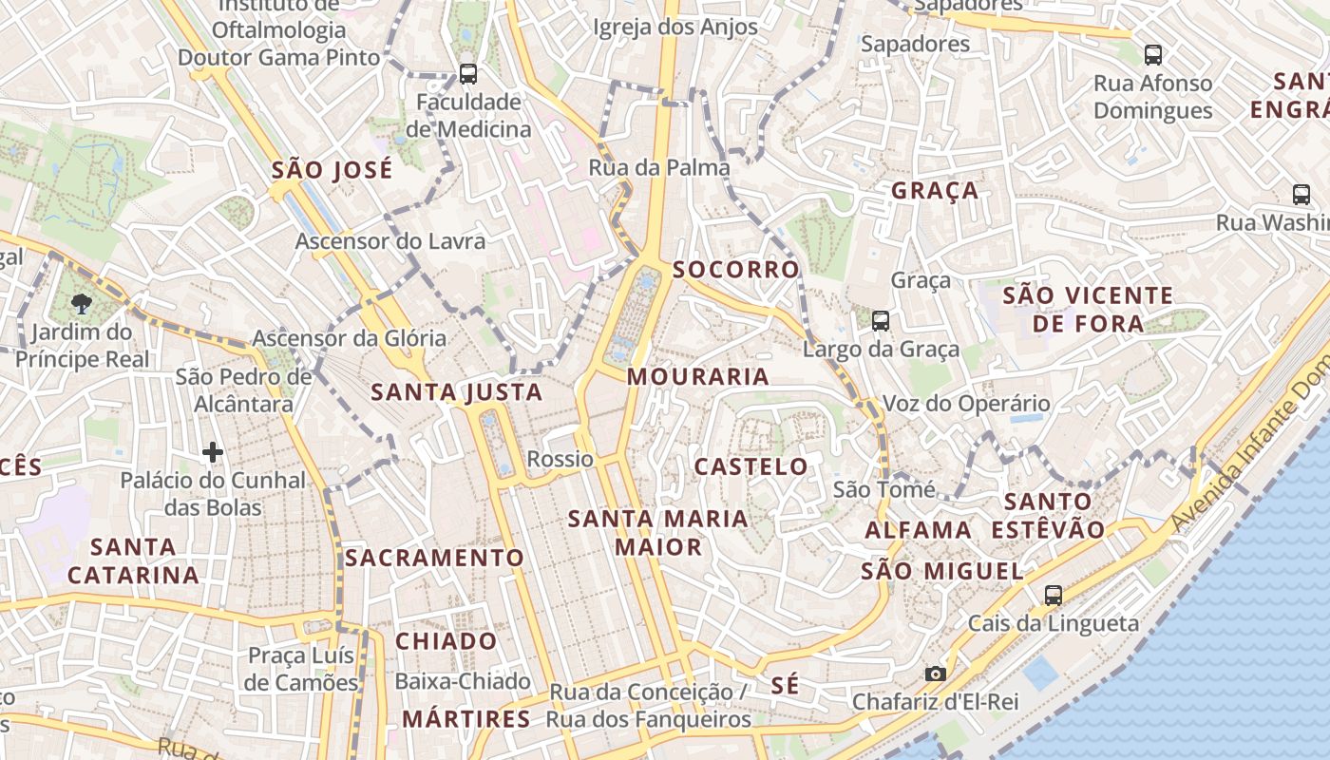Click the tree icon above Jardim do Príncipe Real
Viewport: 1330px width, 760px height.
click(x=82, y=303)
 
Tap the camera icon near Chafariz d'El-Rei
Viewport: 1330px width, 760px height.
click(x=936, y=674)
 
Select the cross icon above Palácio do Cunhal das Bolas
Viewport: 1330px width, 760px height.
click(x=213, y=451)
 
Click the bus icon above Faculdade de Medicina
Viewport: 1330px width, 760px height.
click(x=467, y=73)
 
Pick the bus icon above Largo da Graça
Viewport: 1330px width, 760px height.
click(x=881, y=321)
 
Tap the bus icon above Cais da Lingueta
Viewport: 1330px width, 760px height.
click(x=1053, y=596)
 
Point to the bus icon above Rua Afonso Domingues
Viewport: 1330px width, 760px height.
click(x=1152, y=55)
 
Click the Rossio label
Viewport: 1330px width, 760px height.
click(x=560, y=460)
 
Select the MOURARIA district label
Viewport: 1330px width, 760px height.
click(x=698, y=377)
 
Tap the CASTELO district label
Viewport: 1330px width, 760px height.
click(x=750, y=466)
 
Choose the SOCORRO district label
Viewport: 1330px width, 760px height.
click(x=736, y=270)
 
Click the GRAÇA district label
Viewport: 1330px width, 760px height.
click(x=935, y=191)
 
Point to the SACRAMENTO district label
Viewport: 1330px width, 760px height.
click(x=434, y=558)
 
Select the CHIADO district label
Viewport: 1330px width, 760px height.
click(x=446, y=641)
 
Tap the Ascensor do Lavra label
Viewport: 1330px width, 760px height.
click(x=390, y=241)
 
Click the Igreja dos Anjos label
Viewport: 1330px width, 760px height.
click(x=675, y=28)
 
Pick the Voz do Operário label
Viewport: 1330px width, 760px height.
click(x=966, y=404)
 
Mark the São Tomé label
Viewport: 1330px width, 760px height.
click(x=884, y=490)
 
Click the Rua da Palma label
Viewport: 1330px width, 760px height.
click(x=659, y=168)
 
